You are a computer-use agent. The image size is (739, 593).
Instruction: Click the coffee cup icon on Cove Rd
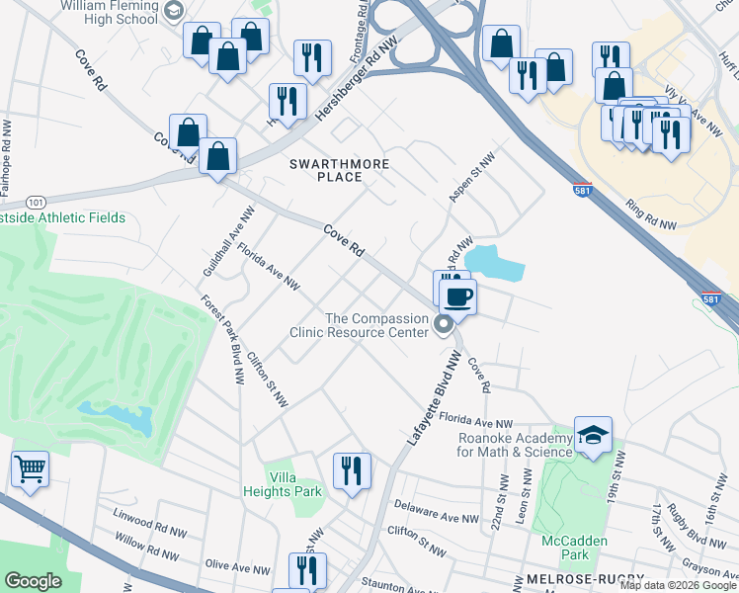point(456,296)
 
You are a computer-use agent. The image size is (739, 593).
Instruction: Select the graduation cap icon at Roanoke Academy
point(593,435)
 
